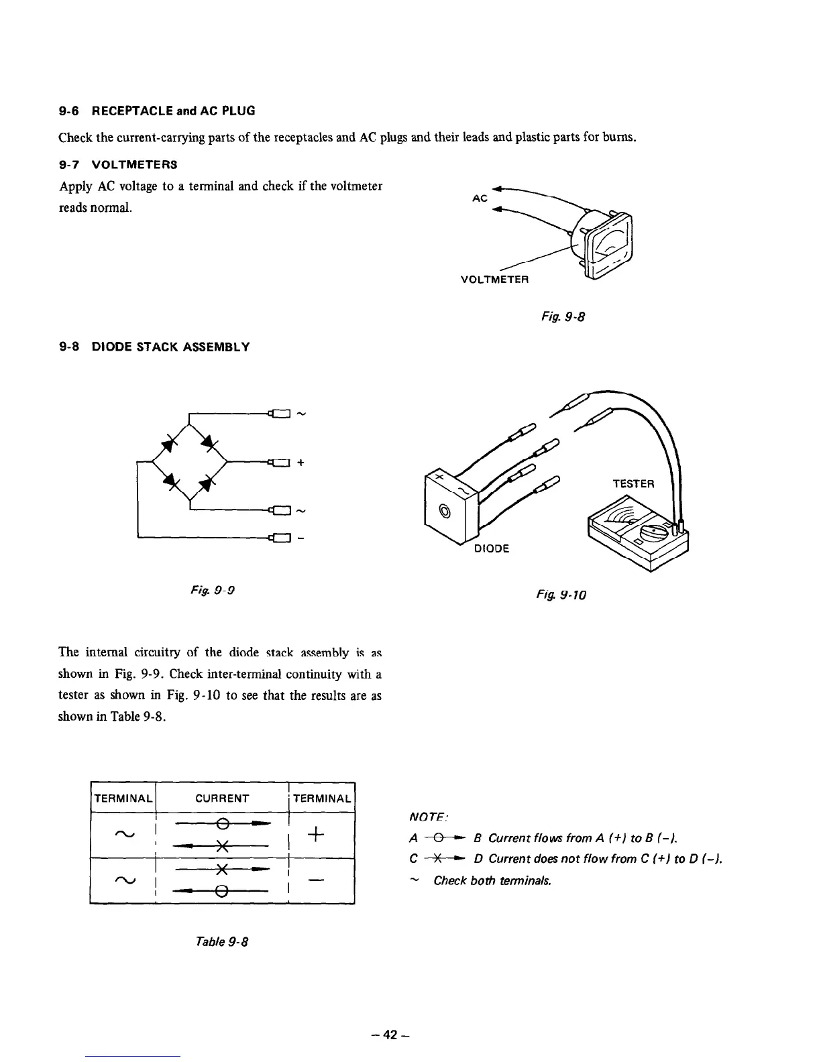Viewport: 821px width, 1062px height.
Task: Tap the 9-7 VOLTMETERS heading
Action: click(117, 164)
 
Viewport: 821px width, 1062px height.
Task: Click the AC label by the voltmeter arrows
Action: click(479, 199)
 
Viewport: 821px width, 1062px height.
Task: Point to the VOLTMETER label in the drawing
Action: click(495, 280)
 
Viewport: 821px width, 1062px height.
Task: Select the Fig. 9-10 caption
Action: click(570, 594)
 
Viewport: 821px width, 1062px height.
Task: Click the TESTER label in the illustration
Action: click(634, 484)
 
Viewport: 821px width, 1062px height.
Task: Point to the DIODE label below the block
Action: click(492, 548)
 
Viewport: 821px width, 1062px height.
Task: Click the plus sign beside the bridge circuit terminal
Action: click(300, 462)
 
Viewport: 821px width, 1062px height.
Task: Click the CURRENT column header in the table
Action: click(222, 799)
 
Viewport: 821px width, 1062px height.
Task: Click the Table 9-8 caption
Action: click(219, 941)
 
